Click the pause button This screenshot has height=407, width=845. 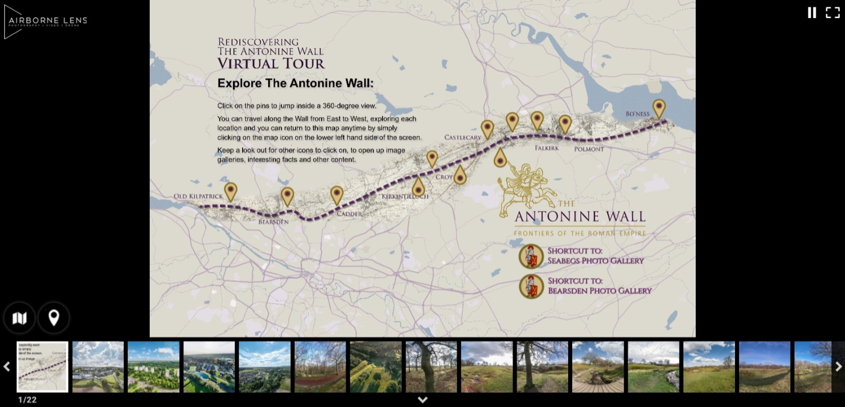click(x=812, y=13)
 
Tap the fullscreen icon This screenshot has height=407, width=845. click(x=832, y=13)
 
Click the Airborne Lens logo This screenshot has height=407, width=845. click(x=46, y=22)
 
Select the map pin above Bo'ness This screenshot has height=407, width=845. click(x=658, y=107)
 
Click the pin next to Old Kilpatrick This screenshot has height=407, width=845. click(x=231, y=191)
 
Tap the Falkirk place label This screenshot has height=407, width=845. click(x=547, y=148)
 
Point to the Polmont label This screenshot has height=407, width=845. click(x=589, y=149)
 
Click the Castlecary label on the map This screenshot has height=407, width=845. click(x=463, y=137)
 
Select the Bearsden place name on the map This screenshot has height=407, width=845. click(x=273, y=222)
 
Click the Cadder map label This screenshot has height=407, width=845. click(x=349, y=214)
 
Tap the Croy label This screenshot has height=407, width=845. click(x=444, y=177)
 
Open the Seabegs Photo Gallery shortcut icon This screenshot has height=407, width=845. click(x=531, y=257)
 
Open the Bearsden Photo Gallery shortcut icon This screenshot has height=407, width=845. click(x=531, y=286)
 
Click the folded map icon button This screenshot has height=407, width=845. click(x=19, y=318)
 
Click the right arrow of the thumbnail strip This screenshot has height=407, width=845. click(x=838, y=367)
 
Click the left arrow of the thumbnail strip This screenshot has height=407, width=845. click(x=7, y=367)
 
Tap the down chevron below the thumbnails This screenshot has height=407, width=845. click(x=422, y=400)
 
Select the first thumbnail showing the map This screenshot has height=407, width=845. click(x=42, y=367)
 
